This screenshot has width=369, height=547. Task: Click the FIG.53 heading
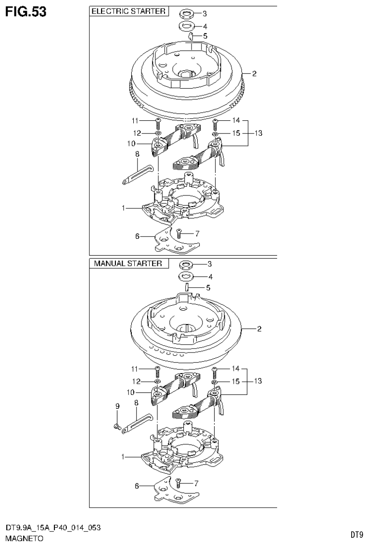point(26,12)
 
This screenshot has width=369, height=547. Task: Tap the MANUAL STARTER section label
point(128,264)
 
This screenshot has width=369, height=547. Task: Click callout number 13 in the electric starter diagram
point(258,133)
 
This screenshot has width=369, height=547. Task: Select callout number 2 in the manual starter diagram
point(259,329)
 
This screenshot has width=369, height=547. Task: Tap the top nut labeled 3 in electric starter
point(186,13)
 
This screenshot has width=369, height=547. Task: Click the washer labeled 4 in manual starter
point(186,276)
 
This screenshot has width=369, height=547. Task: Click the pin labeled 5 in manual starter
point(190,288)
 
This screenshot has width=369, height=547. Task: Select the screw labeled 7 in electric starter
point(179,234)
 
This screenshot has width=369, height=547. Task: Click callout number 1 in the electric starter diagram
point(123,208)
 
